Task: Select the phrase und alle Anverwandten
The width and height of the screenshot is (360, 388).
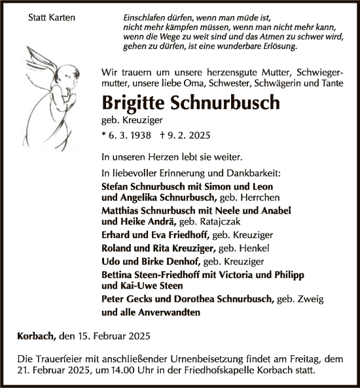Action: point(151,312)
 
